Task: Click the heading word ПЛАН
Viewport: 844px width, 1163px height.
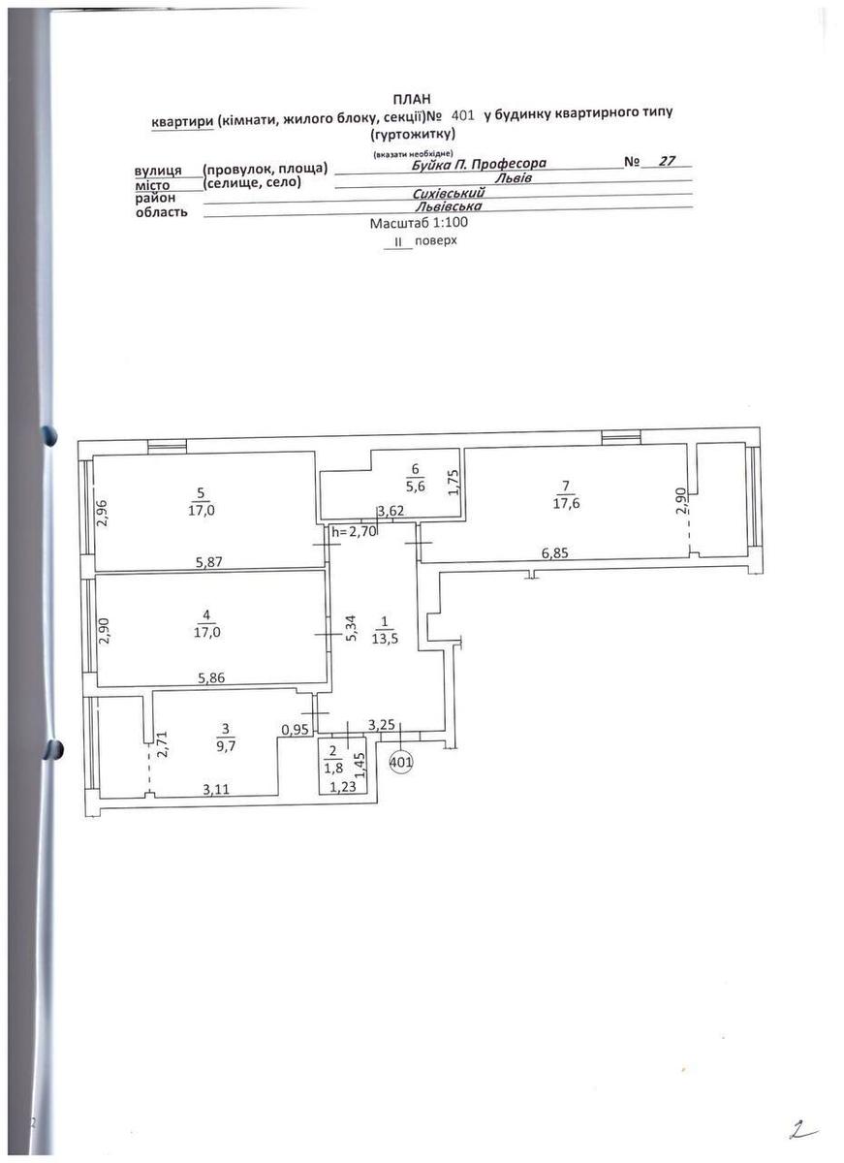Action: [412, 99]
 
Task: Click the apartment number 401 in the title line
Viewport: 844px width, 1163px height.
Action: [463, 115]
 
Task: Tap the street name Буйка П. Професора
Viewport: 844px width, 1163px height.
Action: [479, 164]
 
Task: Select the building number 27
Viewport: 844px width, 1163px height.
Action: [667, 161]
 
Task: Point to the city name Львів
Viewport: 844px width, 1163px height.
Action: [513, 178]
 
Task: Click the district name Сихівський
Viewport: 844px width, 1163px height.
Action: [449, 193]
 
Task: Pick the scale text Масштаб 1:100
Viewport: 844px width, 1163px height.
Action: [419, 223]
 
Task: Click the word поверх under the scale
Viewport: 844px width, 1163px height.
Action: [436, 241]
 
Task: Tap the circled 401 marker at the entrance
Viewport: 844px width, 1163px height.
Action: [401, 762]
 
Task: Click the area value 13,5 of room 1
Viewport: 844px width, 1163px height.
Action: [385, 639]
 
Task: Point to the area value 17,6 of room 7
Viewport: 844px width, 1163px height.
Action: [566, 504]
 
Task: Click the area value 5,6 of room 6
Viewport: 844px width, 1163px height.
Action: [416, 487]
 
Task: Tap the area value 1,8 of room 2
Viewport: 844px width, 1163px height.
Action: [332, 769]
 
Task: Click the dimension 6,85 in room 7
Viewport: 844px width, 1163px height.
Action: [555, 553]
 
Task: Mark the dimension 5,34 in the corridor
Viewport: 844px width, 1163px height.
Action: [352, 629]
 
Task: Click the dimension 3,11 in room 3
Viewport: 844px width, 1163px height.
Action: [216, 790]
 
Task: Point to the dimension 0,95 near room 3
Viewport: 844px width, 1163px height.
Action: [296, 730]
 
